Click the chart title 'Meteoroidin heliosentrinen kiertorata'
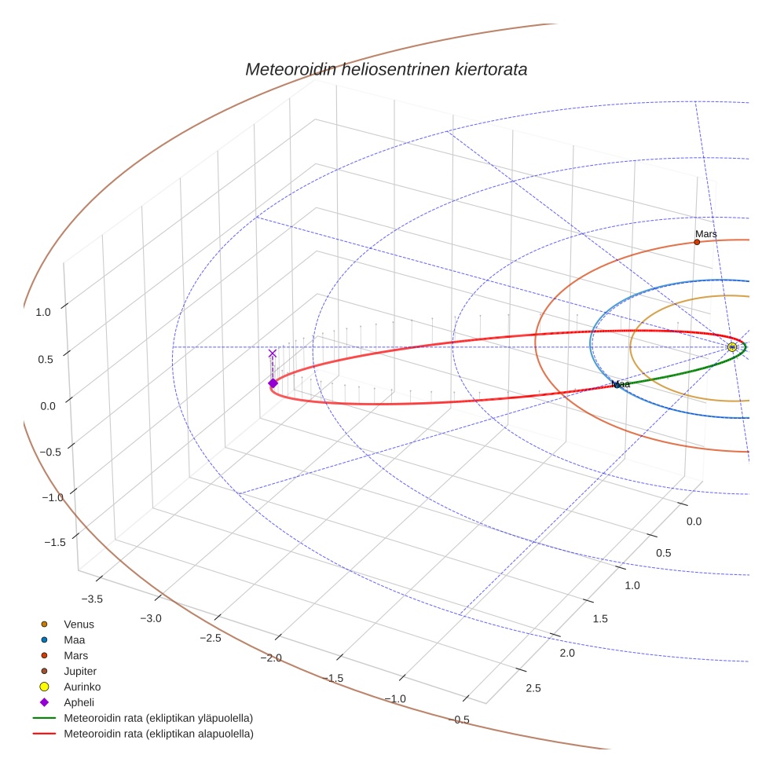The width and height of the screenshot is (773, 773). (386, 69)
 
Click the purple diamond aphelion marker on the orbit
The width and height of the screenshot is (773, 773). (273, 383)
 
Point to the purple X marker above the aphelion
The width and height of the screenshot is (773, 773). (273, 354)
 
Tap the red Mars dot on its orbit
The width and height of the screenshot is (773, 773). (697, 242)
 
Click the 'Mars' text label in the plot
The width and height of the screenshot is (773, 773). (705, 234)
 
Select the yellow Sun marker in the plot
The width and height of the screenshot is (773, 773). (732, 347)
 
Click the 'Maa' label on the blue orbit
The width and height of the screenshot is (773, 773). (621, 384)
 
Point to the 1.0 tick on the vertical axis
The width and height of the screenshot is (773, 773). (43, 312)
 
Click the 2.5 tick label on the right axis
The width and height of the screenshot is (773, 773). (533, 689)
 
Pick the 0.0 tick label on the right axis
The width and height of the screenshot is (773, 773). (694, 522)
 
